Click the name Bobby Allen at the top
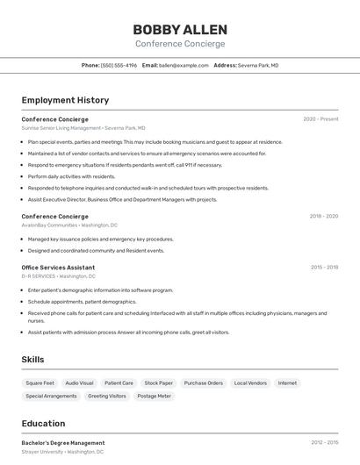point(180,30)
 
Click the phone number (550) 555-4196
point(119,65)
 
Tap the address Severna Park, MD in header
point(257,65)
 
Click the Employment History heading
point(65,100)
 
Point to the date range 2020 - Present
point(320,119)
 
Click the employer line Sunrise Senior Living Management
point(61,128)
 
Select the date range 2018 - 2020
point(324,216)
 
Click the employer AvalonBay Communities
point(50,225)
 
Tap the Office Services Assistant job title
point(58,267)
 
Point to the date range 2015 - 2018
point(324,267)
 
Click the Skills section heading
point(32,359)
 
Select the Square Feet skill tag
point(40,383)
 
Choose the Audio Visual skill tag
point(79,383)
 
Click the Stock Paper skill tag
point(159,383)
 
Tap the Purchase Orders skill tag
point(203,383)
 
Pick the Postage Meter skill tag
point(155,396)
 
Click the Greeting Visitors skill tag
point(106,396)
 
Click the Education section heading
point(43,424)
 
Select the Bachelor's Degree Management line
point(63,443)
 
